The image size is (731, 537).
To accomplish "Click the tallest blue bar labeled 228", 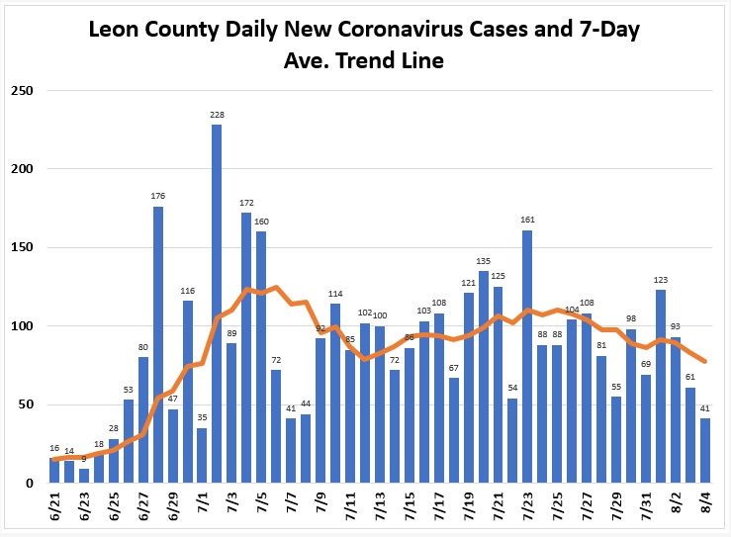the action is [217, 304].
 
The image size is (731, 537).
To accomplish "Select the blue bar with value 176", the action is [158, 344].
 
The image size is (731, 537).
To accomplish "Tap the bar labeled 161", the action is [527, 357].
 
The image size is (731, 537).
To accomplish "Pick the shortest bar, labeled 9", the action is [84, 476].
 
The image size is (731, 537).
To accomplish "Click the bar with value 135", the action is [484, 377].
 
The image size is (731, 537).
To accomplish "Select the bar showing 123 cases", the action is [661, 387].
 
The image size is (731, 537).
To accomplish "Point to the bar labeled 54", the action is [512, 440].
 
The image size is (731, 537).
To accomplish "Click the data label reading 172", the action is [246, 203].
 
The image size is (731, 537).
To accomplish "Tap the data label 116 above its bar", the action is [187, 291].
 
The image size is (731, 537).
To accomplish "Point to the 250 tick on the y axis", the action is [23, 90].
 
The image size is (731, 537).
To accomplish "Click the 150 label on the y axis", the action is [23, 247].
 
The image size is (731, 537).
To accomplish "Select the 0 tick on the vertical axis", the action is [30, 484].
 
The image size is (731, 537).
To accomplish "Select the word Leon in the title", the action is [114, 29].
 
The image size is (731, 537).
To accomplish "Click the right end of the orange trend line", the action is [705, 361].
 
